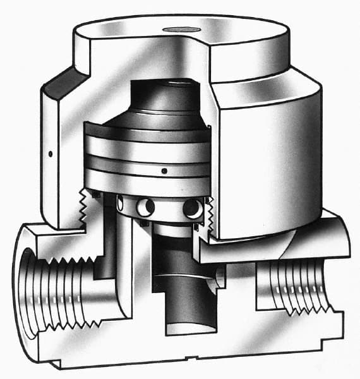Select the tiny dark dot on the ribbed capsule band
click(164, 170)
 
